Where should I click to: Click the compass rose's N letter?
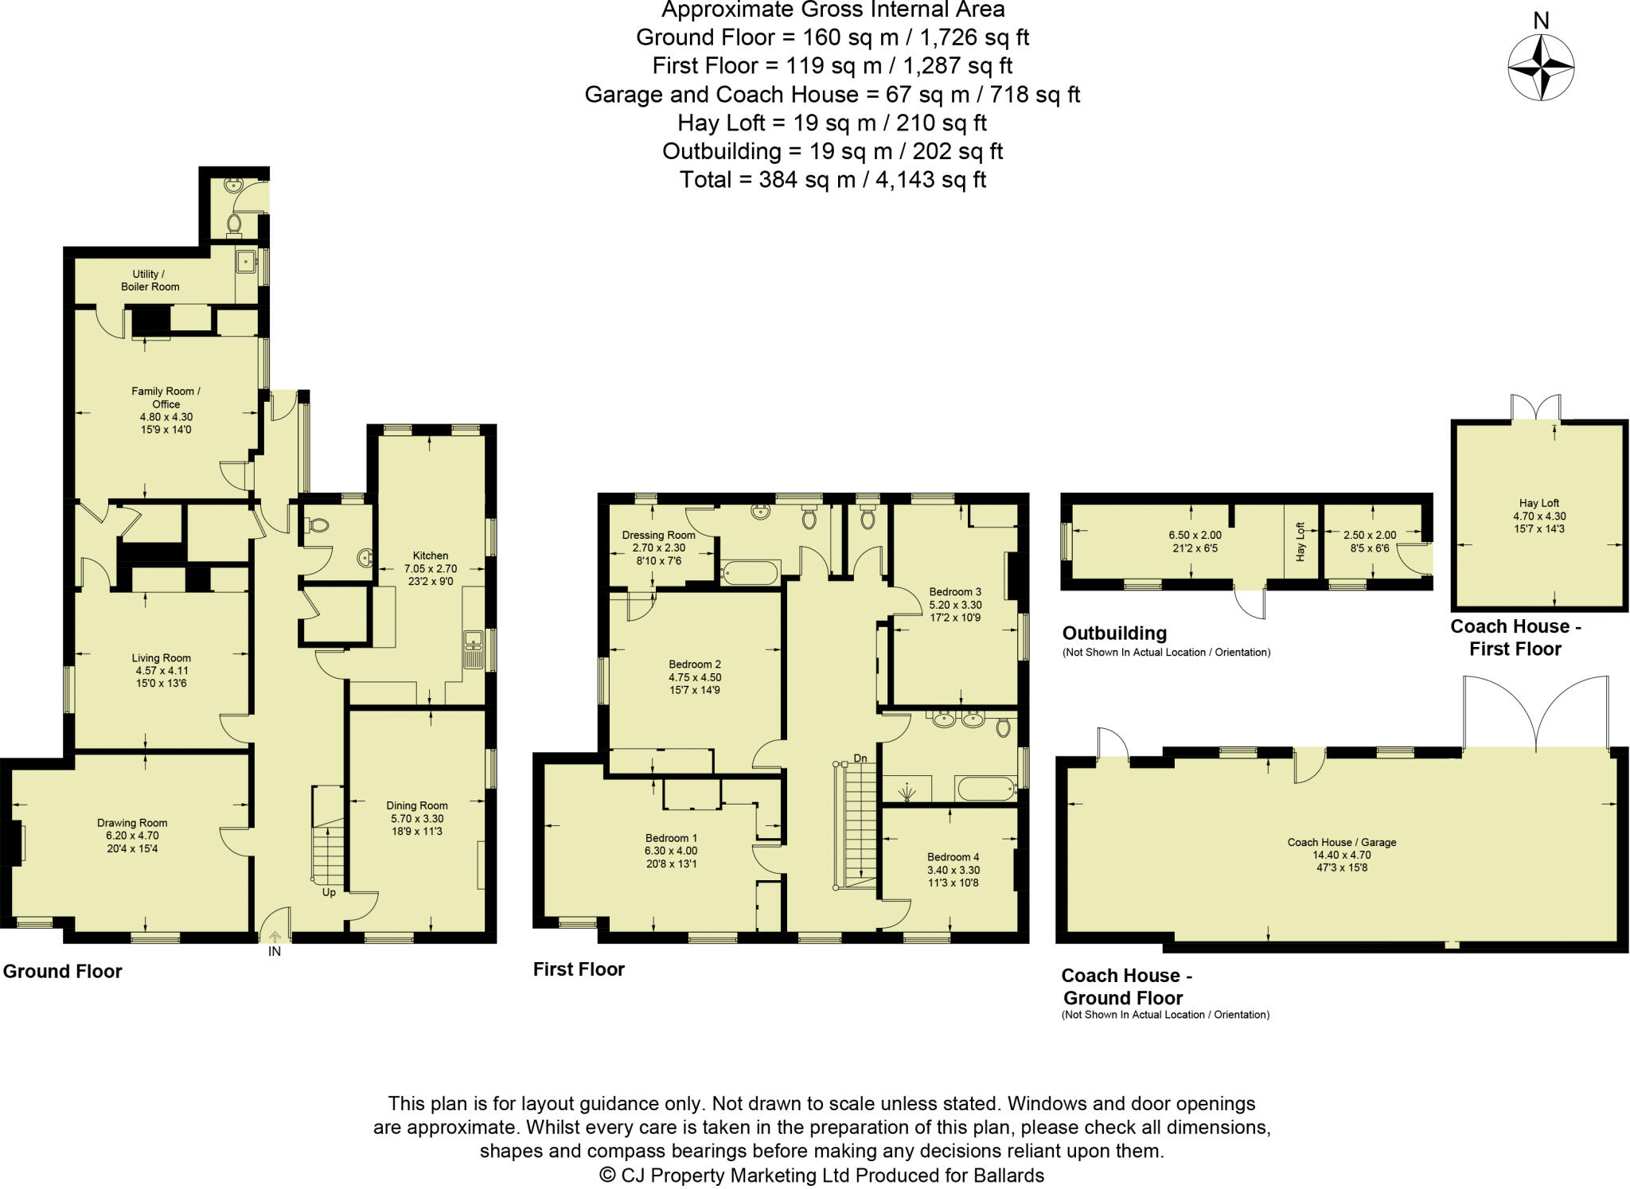[1541, 21]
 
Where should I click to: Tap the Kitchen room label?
[430, 556]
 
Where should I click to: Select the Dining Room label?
[417, 805]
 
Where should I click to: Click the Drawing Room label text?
[132, 823]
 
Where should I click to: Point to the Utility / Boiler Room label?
[150, 280]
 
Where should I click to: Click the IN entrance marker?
[275, 952]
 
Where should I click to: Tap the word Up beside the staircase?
[329, 892]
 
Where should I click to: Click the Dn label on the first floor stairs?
[860, 758]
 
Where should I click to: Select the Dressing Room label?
[658, 536]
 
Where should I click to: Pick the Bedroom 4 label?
[953, 857]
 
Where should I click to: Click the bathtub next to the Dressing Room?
[749, 571]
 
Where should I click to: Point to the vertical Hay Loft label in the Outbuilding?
[1300, 542]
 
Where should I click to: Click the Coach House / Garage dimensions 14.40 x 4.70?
[1342, 855]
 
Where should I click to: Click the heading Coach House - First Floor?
[1515, 637]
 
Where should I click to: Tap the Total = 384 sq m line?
[833, 180]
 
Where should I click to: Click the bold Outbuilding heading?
[1114, 633]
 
